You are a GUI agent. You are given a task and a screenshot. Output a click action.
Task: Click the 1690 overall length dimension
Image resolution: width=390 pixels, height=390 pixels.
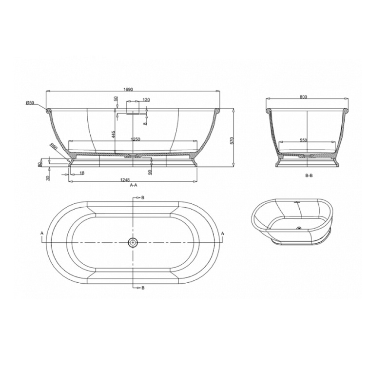(129, 90)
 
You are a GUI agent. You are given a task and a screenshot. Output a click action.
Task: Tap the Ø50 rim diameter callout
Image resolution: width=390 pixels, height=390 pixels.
(30, 102)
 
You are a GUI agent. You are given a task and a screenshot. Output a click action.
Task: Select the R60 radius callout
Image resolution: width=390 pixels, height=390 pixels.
(54, 147)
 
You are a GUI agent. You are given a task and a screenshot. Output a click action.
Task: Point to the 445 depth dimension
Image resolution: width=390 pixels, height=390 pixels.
(113, 135)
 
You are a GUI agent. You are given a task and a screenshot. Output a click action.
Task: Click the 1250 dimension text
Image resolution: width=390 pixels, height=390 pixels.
(136, 139)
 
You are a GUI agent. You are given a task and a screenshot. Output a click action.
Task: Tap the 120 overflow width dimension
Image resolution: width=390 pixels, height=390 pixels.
(146, 100)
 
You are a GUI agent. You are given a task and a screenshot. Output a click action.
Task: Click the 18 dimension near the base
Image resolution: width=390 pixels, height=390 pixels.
(82, 173)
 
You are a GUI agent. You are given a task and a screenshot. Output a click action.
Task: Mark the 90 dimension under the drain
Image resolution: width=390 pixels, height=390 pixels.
(150, 173)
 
